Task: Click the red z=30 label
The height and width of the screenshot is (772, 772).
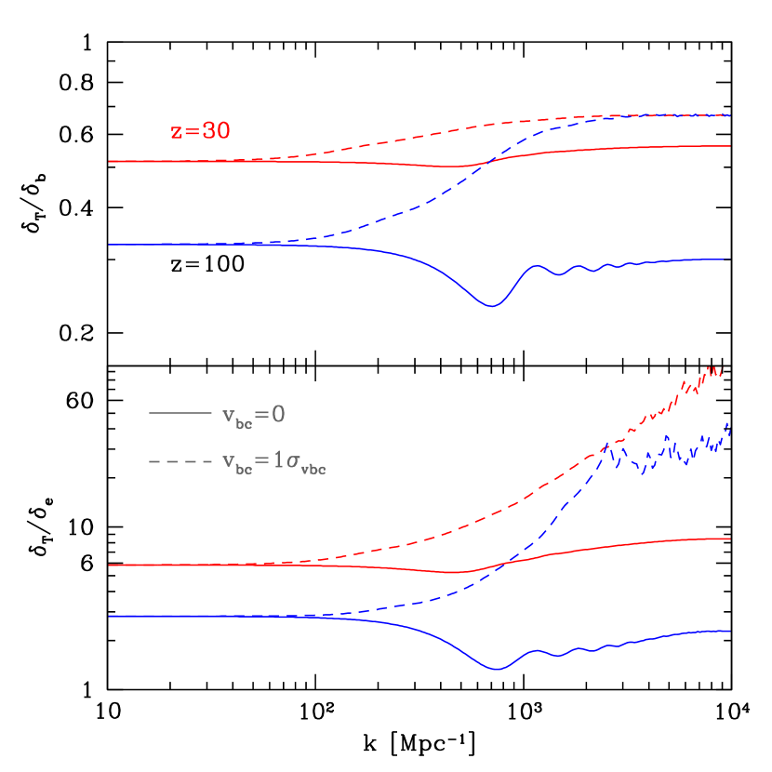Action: [x=200, y=131]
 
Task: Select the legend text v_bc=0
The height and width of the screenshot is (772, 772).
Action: [x=253, y=415]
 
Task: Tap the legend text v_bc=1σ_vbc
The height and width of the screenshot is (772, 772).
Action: [x=273, y=462]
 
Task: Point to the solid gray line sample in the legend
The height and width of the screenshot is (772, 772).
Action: [x=180, y=412]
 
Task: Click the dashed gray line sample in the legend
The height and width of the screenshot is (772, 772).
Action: [x=180, y=459]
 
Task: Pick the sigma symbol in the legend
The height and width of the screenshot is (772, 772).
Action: [x=292, y=462]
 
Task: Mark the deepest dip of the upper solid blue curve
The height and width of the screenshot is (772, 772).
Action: [x=492, y=305]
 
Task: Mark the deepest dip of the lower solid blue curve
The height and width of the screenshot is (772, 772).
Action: [x=499, y=669]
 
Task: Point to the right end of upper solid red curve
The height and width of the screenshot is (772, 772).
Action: [x=730, y=146]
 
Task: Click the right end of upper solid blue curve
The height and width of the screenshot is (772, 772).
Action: [x=730, y=260]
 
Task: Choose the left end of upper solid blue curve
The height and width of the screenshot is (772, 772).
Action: [x=110, y=245]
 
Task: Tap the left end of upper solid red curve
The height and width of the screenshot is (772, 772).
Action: [x=110, y=161]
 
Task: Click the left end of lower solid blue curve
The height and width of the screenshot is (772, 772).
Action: [x=110, y=616]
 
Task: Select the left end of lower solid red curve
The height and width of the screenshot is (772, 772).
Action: [x=110, y=565]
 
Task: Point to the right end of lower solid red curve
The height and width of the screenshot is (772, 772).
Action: [x=730, y=539]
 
